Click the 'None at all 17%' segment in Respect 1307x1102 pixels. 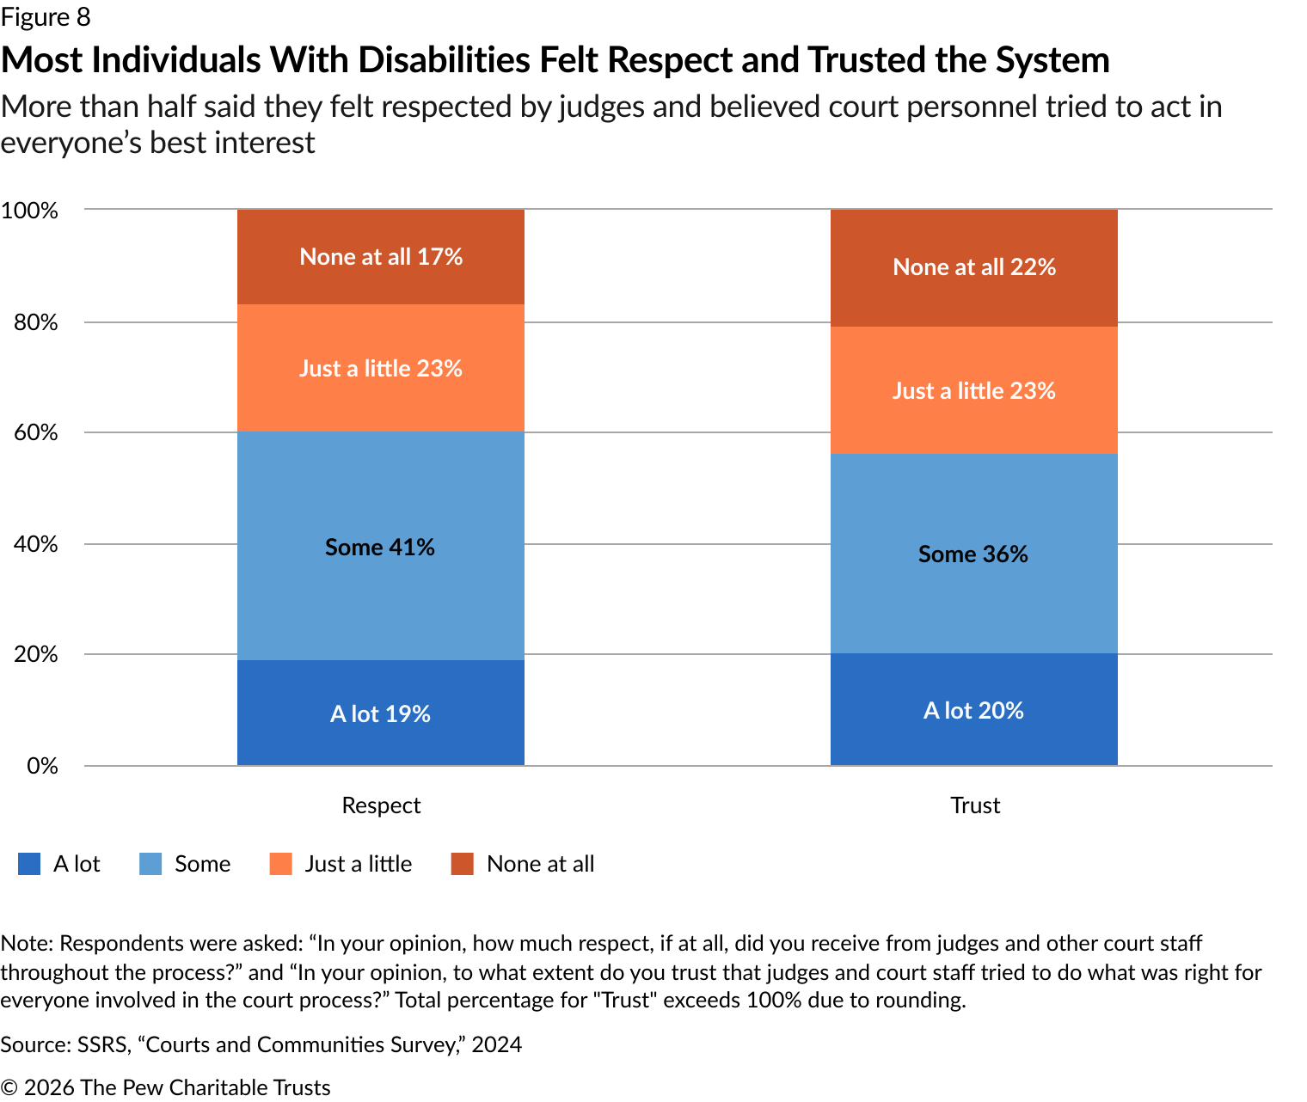tap(381, 257)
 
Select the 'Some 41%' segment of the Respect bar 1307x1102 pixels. tap(381, 546)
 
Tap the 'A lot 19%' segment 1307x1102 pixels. tap(381, 713)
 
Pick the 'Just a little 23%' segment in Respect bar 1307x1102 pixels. tap(381, 368)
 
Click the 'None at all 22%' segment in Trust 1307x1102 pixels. tap(973, 267)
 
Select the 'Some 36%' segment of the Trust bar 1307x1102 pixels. tap(973, 554)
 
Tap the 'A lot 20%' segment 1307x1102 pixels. tap(973, 710)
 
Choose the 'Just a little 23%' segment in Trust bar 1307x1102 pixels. tap(973, 390)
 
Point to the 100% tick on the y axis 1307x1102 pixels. tap(29, 211)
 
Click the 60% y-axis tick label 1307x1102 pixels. tap(35, 432)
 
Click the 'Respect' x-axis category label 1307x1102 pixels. tap(381, 805)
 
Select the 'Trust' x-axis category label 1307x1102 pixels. tap(975, 805)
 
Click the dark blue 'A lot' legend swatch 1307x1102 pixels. tap(29, 864)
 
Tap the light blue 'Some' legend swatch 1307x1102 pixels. tap(150, 864)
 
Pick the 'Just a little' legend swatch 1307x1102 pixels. tap(281, 864)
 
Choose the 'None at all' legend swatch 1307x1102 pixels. tap(463, 864)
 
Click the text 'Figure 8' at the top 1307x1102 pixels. tap(46, 16)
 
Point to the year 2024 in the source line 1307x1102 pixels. tap(496, 1044)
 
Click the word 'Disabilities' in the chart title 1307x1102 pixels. tap(445, 60)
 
